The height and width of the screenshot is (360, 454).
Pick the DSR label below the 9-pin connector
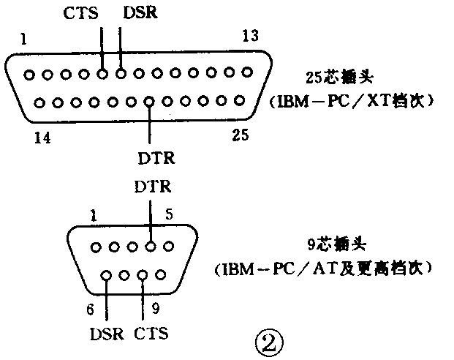(107, 334)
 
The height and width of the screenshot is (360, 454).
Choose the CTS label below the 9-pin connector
(151, 334)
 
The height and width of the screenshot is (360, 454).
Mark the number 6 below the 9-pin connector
(91, 310)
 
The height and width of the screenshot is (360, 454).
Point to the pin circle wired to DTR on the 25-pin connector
(150, 101)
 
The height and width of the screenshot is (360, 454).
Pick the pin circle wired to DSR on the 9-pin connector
(107, 276)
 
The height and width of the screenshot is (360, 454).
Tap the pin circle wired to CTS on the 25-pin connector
(103, 73)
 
